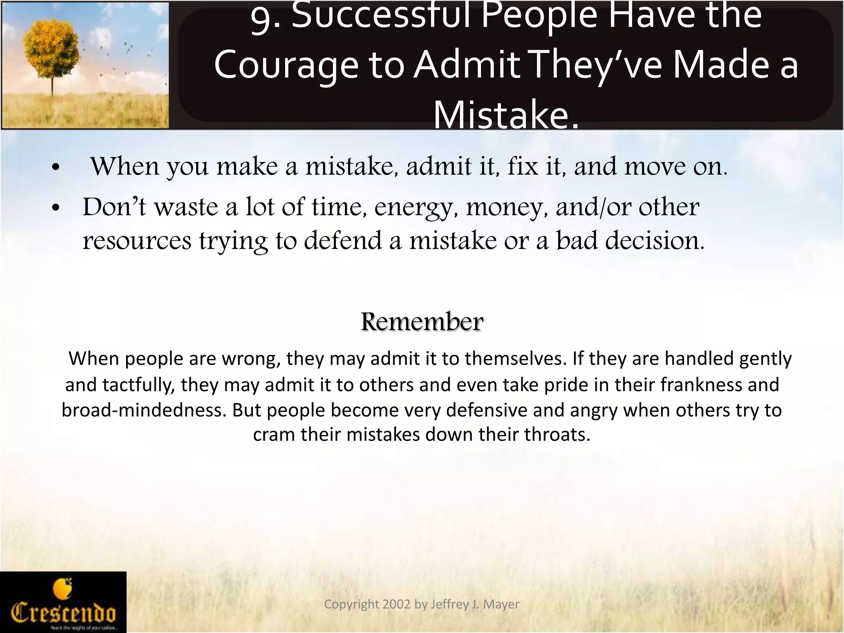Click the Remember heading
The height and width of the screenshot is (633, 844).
(422, 322)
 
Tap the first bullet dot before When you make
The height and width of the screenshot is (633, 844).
(56, 168)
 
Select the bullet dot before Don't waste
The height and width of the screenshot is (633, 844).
(56, 208)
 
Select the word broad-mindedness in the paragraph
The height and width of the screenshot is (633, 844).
(144, 410)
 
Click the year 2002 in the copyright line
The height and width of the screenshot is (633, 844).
(397, 604)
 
